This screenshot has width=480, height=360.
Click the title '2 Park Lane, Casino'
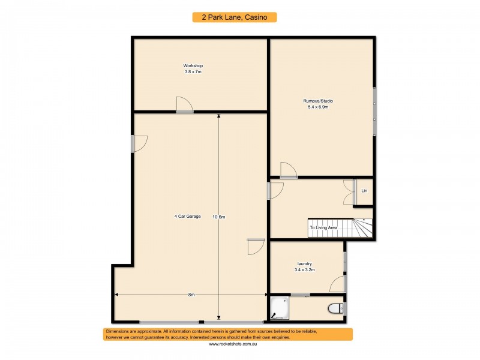[235, 17]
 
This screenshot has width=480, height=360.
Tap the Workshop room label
[193, 65]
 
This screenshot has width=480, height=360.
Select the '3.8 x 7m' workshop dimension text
[193, 71]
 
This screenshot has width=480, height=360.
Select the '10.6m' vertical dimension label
[218, 217]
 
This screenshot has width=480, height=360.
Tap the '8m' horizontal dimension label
[191, 295]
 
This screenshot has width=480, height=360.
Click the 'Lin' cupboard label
[364, 191]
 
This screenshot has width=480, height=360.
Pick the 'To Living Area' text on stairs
[323, 228]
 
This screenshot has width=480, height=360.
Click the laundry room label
[305, 264]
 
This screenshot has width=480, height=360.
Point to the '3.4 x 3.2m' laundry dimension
[305, 270]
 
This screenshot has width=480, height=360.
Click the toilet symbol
[337, 308]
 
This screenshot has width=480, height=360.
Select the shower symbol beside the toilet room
[279, 308]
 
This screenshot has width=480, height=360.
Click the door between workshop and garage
[184, 106]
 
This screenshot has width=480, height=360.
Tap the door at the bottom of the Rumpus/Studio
[288, 171]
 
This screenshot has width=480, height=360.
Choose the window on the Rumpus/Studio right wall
[374, 111]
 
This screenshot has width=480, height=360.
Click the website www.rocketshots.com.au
[234, 344]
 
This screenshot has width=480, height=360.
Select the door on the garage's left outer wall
[139, 143]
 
